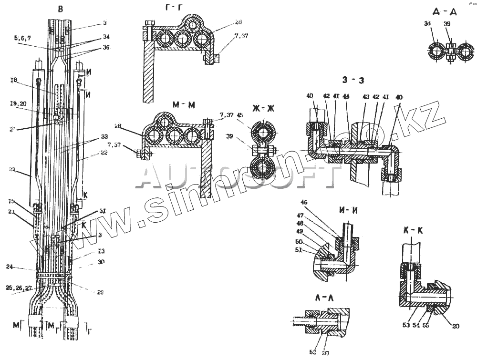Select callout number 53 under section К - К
coord(405,325)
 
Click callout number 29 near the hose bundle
coord(100,292)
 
